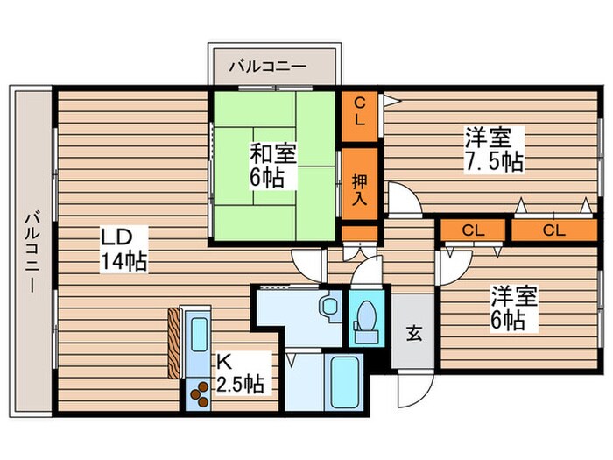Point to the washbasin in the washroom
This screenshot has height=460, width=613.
coord(329,308)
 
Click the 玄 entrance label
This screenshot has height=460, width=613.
coord(413,334)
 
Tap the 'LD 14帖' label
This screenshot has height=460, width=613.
coord(123,250)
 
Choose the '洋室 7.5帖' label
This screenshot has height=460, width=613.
coord(494,149)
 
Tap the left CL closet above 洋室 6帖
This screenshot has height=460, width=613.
coord(473,230)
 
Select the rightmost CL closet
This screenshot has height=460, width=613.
coord(551,230)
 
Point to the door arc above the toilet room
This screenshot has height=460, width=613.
coord(368,272)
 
